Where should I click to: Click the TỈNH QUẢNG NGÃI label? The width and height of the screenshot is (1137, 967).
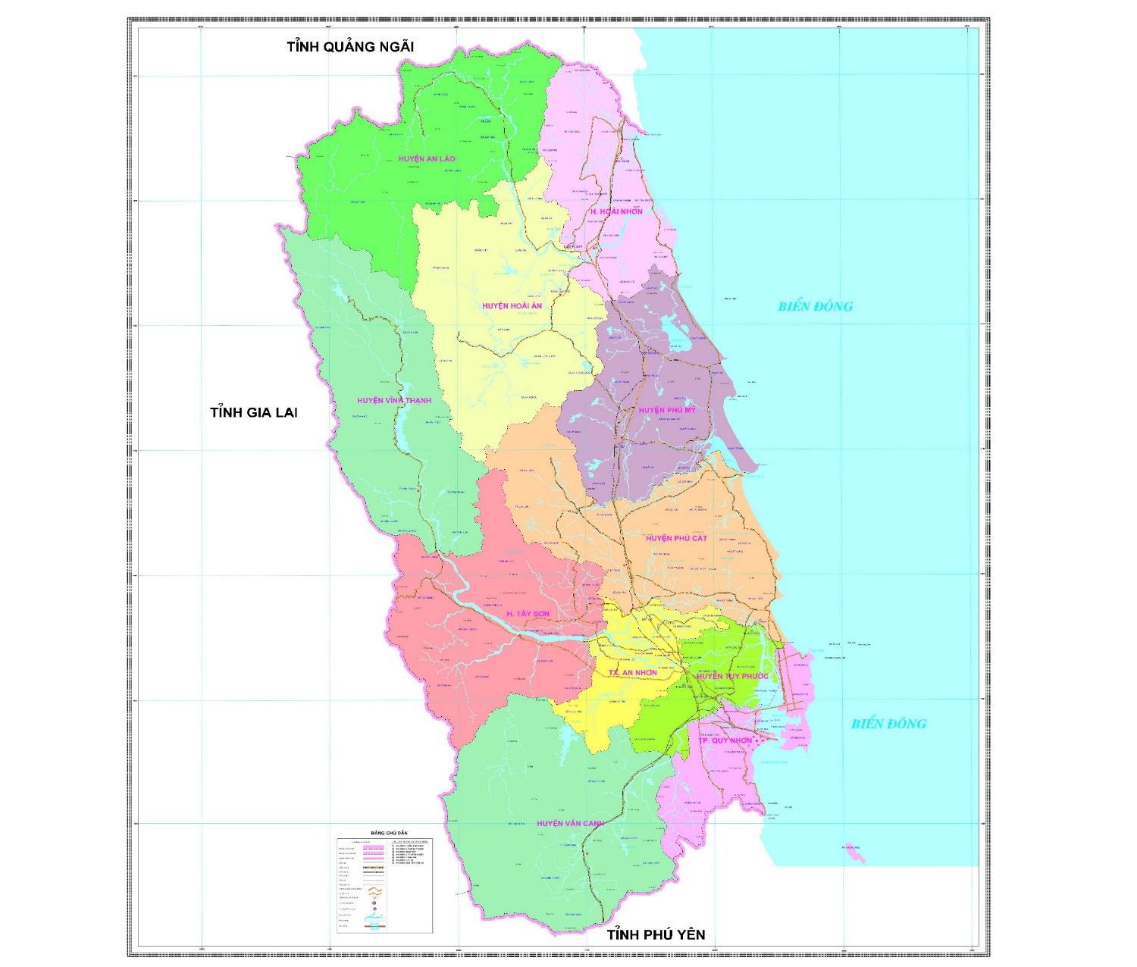tap(350, 47)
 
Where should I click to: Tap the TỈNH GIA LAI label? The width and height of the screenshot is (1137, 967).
tap(254, 413)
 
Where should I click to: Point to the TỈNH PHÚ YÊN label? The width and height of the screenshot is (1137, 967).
tap(656, 935)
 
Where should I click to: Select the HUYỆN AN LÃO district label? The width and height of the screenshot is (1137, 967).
tap(427, 159)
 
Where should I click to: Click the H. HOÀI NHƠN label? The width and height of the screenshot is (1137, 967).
tap(616, 211)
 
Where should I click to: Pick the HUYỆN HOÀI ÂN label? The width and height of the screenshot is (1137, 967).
tap(512, 306)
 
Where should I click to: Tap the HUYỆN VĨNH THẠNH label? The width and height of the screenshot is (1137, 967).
tap(394, 401)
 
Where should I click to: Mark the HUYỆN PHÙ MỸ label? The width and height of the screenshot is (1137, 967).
tap(667, 411)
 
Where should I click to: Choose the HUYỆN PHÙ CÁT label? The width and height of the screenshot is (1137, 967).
tap(676, 538)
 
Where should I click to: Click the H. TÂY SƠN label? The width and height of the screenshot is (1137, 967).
tap(528, 614)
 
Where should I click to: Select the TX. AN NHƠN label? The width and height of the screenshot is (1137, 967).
tap(633, 673)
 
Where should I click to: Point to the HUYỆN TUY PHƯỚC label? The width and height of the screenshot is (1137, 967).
tap(732, 676)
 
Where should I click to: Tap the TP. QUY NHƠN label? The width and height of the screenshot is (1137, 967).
tap(725, 740)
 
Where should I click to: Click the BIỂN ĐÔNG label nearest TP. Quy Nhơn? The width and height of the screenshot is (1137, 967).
tap(888, 724)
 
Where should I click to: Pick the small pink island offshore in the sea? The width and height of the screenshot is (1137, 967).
tap(856, 855)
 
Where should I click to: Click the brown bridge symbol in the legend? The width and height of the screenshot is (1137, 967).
tap(374, 925)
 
